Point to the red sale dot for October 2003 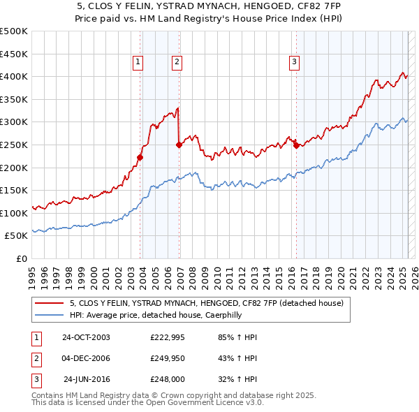click(140, 157)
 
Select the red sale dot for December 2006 click(179, 145)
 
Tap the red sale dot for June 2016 click(296, 146)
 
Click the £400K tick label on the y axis click(14, 76)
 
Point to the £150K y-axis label click(14, 190)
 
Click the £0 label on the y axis click(21, 258)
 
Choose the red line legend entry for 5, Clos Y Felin click(206, 304)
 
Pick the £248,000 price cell click(168, 379)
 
